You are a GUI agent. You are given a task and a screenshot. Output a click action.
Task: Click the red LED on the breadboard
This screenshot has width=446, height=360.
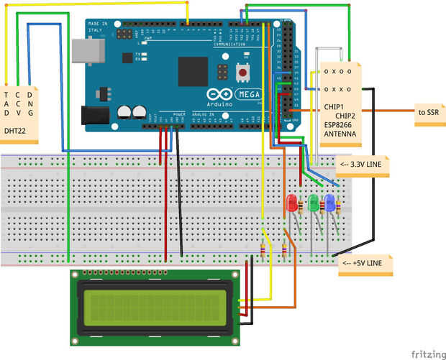click(x=292, y=203)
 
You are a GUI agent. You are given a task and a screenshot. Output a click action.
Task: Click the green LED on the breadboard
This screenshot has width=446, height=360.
click(x=313, y=203)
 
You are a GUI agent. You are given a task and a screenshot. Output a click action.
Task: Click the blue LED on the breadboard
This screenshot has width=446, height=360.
click(x=330, y=203)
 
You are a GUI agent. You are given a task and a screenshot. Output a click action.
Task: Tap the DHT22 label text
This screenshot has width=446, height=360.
click(x=16, y=131)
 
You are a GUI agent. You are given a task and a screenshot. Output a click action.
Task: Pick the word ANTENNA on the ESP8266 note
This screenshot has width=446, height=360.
click(x=338, y=134)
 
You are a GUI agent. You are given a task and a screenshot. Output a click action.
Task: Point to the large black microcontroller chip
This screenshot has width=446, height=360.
click(x=193, y=71)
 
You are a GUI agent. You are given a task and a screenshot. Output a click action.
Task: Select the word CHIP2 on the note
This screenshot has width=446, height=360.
click(x=345, y=115)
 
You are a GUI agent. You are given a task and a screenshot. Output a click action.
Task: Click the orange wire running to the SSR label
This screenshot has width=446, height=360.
click(x=388, y=111)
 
